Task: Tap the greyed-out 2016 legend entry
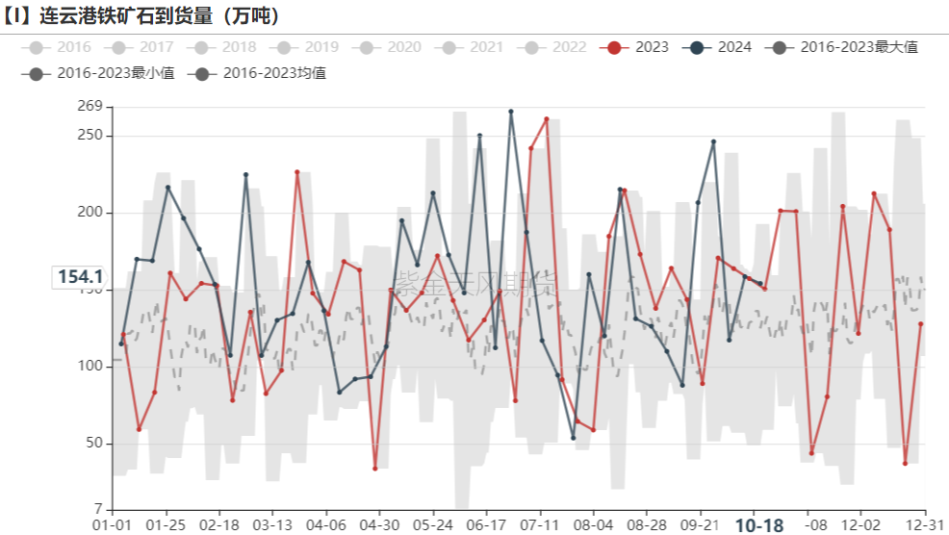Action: click(x=63, y=47)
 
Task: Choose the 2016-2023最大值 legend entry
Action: click(x=847, y=47)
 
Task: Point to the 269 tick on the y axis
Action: click(x=90, y=106)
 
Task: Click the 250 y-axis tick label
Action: click(x=90, y=136)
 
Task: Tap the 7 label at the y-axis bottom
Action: click(x=97, y=508)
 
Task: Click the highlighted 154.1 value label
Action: click(x=80, y=277)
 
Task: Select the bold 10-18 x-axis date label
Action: click(x=760, y=525)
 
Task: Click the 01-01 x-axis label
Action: click(x=113, y=525)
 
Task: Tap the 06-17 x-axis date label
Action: click(x=486, y=525)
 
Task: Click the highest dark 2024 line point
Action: click(x=511, y=112)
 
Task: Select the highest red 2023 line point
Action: click(x=547, y=119)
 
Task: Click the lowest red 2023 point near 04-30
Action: click(x=375, y=469)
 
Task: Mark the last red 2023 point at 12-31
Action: click(x=921, y=323)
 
